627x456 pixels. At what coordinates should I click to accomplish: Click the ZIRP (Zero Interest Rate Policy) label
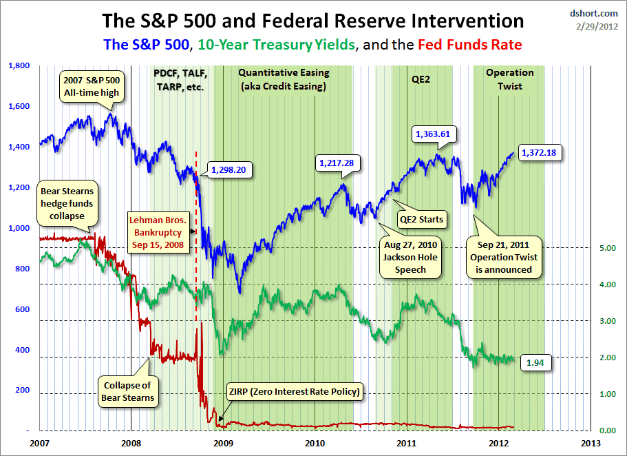point(294,393)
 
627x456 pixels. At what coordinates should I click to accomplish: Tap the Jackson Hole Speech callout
point(411,257)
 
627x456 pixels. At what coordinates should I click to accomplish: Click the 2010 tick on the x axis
point(315,442)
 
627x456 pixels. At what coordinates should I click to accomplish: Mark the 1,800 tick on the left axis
point(19,66)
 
